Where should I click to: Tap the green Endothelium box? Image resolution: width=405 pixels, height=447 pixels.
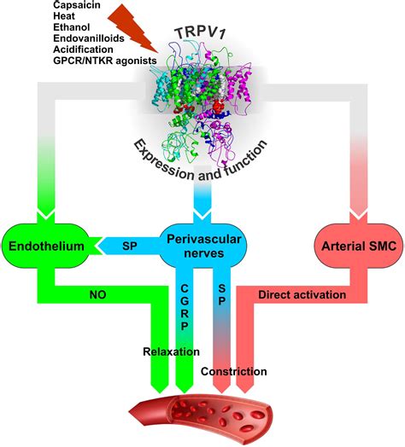pyautogui.click(x=41, y=247)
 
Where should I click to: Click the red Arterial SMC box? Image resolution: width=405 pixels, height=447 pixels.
pyautogui.click(x=350, y=247)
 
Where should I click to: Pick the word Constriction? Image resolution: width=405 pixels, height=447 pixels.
pyautogui.click(x=233, y=371)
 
